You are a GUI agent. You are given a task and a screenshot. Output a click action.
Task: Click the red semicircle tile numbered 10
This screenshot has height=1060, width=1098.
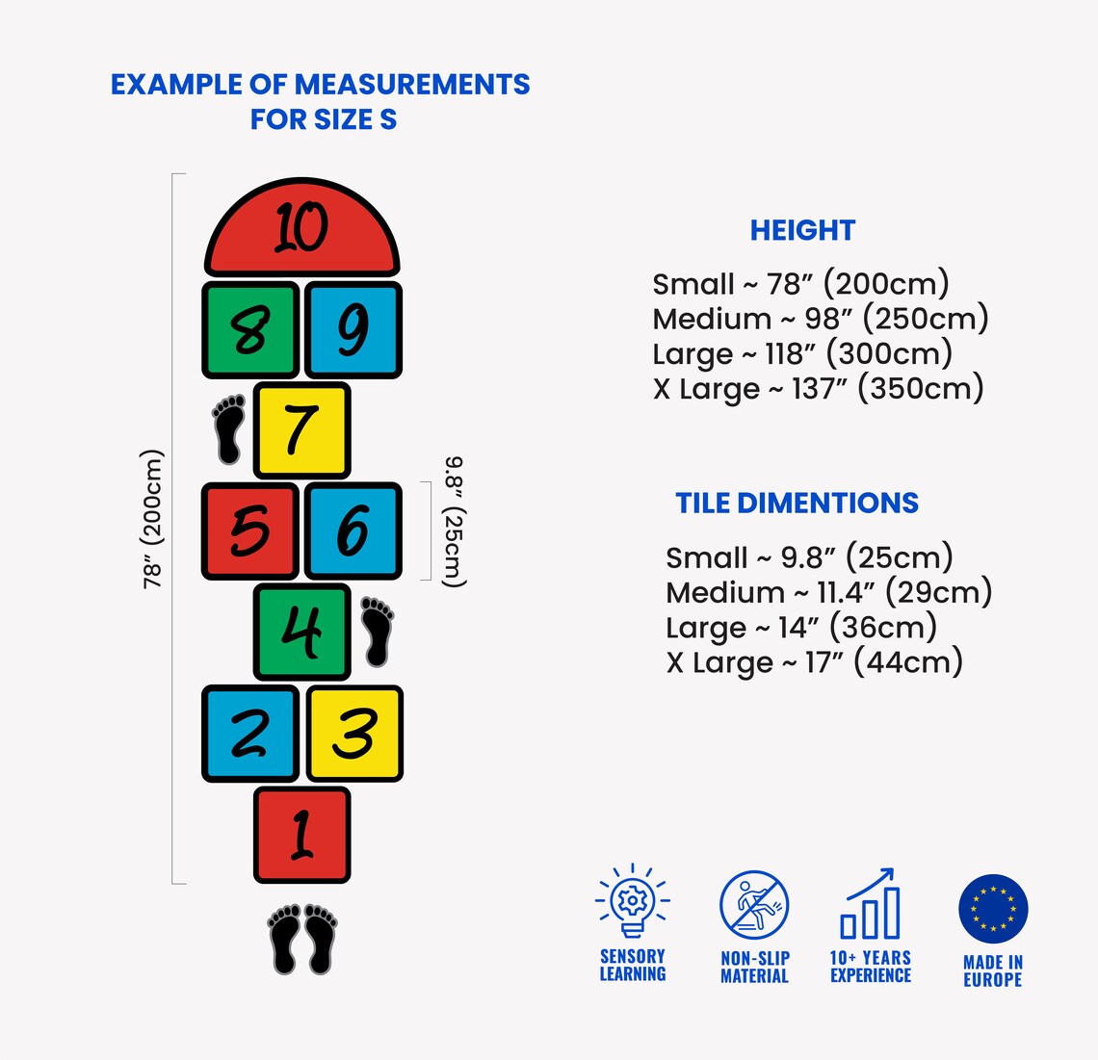point(301,227)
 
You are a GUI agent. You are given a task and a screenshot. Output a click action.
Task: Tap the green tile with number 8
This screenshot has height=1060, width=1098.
point(250,330)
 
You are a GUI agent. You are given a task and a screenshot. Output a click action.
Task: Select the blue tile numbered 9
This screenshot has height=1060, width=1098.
point(353,330)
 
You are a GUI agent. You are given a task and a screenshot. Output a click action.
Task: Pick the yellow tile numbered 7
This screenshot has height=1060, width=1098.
point(301,430)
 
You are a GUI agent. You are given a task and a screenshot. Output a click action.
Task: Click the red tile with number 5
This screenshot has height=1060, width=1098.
point(250,530)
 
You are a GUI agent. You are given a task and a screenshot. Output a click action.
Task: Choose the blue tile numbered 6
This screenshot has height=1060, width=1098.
point(353,530)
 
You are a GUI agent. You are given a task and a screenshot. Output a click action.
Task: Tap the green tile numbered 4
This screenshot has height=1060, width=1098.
point(301,632)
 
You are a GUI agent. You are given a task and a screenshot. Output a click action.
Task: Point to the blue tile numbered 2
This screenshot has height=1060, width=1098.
point(250,733)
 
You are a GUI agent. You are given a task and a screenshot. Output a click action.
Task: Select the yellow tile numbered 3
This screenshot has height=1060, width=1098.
point(354,733)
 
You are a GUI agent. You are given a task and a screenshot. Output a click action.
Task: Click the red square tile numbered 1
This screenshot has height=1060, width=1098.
point(301,835)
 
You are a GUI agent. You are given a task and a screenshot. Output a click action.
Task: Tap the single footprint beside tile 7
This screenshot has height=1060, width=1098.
point(228,429)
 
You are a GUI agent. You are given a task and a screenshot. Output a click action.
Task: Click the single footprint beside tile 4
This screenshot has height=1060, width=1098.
point(378,632)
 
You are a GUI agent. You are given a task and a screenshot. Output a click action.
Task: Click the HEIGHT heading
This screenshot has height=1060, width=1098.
point(802,230)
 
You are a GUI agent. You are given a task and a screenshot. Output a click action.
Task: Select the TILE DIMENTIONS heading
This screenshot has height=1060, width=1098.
point(797,504)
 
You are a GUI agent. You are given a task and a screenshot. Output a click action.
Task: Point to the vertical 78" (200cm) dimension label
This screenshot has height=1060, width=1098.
point(152,519)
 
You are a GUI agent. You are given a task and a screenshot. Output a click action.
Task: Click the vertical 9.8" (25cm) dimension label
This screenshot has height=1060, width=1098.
point(454,523)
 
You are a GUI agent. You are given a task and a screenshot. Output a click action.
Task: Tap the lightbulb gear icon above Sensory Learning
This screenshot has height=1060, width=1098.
point(633,900)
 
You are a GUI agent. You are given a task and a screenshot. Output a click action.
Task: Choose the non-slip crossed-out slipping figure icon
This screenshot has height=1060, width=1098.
point(754,905)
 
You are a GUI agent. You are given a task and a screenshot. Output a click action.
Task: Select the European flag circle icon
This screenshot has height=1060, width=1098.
point(993,909)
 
